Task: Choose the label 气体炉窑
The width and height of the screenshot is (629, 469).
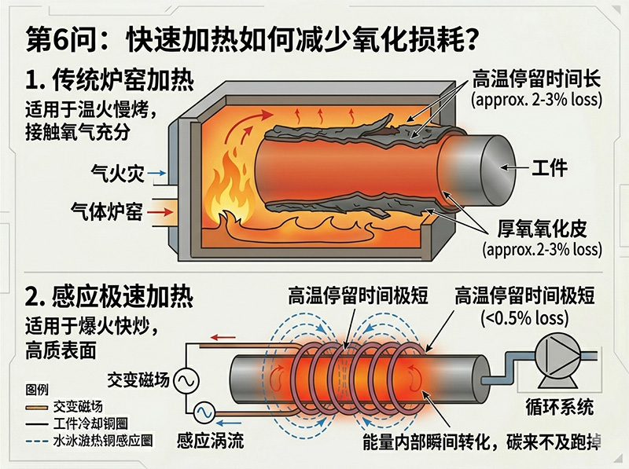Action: point(107,211)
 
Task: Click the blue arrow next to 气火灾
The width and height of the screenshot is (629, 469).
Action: point(156,172)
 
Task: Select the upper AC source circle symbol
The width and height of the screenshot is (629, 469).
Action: point(187,381)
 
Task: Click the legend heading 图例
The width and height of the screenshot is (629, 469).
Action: point(37,389)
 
